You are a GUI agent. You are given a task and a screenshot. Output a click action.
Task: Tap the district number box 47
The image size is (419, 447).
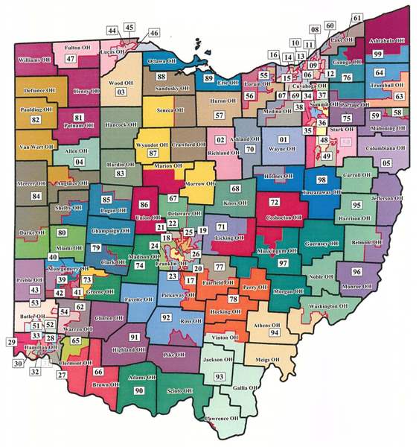[71, 59]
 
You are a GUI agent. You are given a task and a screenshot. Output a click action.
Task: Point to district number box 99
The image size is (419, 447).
[377, 54]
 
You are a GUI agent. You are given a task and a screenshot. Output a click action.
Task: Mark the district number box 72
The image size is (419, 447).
[274, 203]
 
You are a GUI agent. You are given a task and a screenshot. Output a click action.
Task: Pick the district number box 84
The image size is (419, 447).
[35, 196]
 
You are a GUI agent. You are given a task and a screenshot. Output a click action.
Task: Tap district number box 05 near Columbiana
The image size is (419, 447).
[386, 162]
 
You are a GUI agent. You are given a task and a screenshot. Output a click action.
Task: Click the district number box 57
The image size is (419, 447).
[219, 115]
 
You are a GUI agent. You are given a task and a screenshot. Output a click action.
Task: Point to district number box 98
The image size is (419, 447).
[322, 180]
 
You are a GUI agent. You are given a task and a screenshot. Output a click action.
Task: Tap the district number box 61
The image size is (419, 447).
[356, 17]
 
